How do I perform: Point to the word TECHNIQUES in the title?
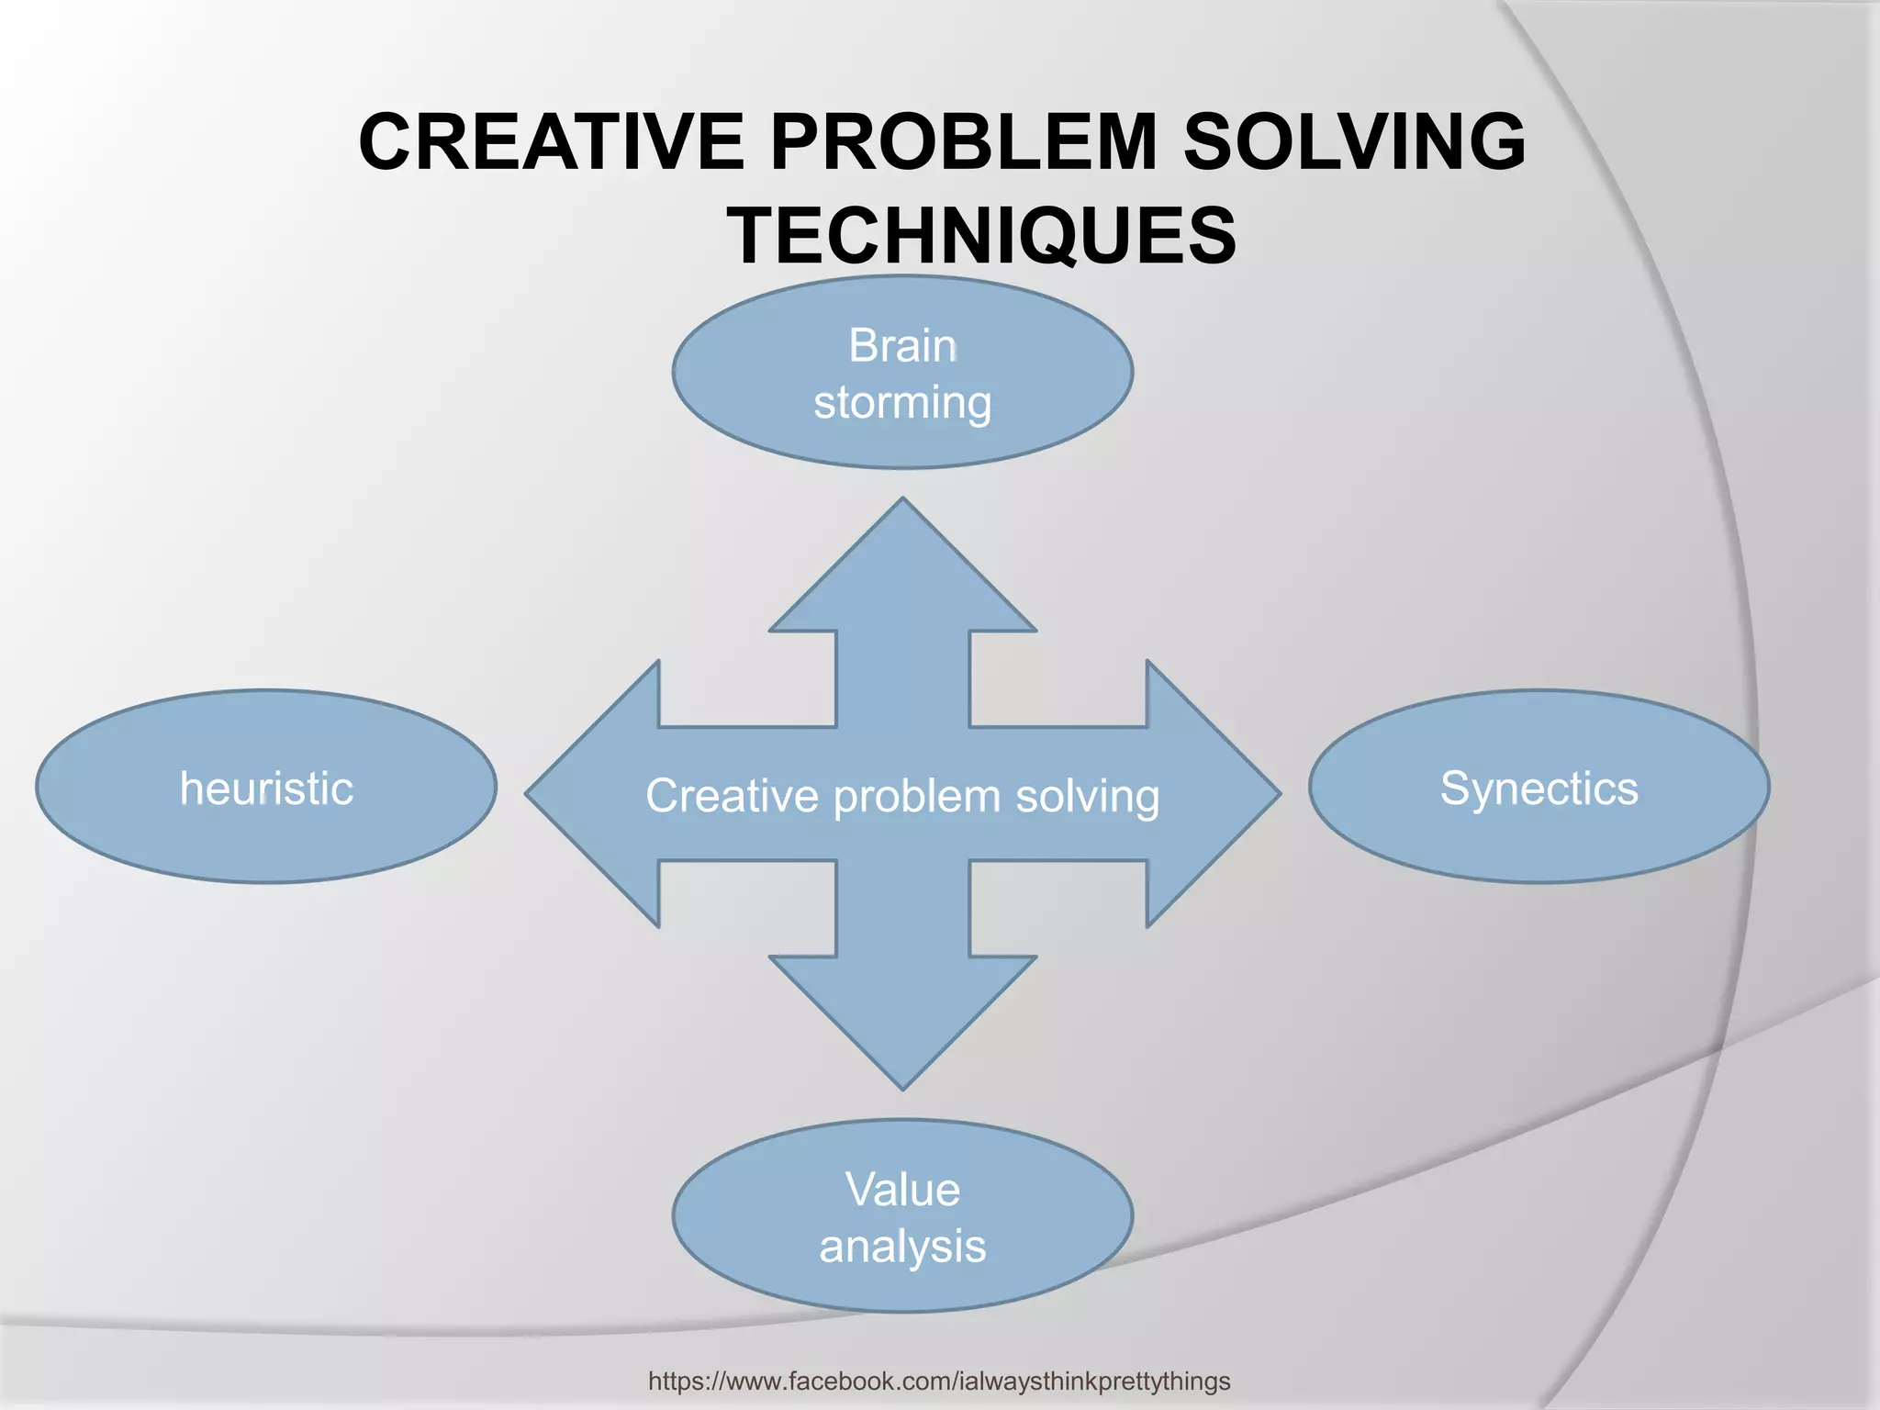pyautogui.click(x=981, y=235)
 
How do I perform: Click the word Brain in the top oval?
pyautogui.click(x=902, y=346)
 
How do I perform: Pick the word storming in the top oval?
pyautogui.click(x=902, y=403)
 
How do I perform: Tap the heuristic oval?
pyautogui.click(x=266, y=787)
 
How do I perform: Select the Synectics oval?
pyautogui.click(x=1539, y=787)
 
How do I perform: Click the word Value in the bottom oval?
pyautogui.click(x=902, y=1190)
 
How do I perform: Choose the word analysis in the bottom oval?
pyautogui.click(x=902, y=1247)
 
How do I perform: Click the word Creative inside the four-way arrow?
pyautogui.click(x=731, y=795)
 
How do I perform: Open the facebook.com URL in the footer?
pyautogui.click(x=939, y=1381)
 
